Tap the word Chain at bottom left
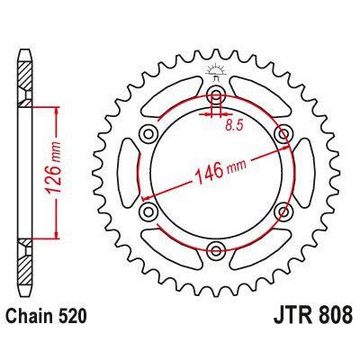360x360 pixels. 32,319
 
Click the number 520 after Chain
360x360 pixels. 74,319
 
